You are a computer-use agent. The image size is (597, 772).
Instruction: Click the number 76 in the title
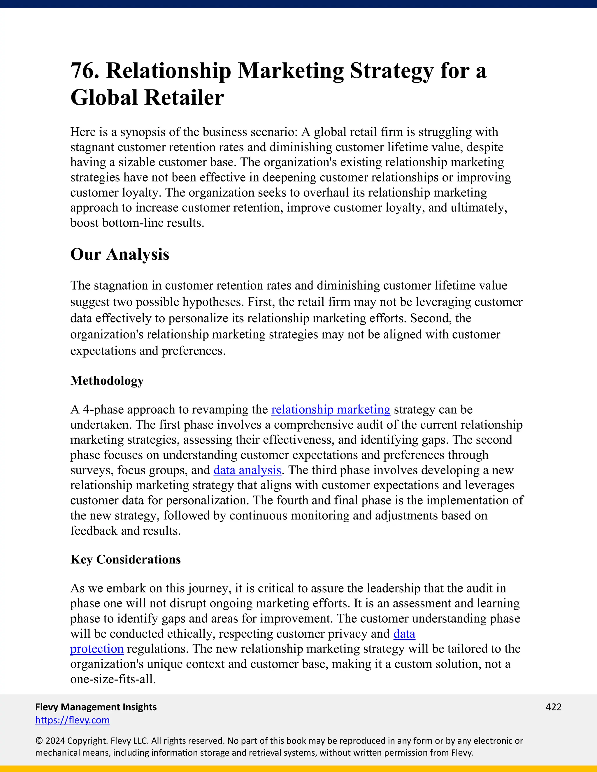[84, 71]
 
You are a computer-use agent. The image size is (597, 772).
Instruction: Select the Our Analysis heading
[120, 255]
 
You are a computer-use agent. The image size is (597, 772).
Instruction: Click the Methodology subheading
[107, 381]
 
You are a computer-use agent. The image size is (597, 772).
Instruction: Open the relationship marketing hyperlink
[331, 409]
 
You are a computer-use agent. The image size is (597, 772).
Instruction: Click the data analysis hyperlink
[247, 470]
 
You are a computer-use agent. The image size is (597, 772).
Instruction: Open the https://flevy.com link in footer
[73, 720]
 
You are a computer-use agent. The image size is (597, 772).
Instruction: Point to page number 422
[554, 707]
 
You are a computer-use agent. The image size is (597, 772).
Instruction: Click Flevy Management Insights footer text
[96, 707]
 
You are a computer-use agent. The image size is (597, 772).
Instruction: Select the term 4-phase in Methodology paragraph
[103, 409]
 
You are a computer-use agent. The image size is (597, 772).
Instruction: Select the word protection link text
[97, 649]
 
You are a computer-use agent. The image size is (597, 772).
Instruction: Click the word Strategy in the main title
[391, 71]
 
